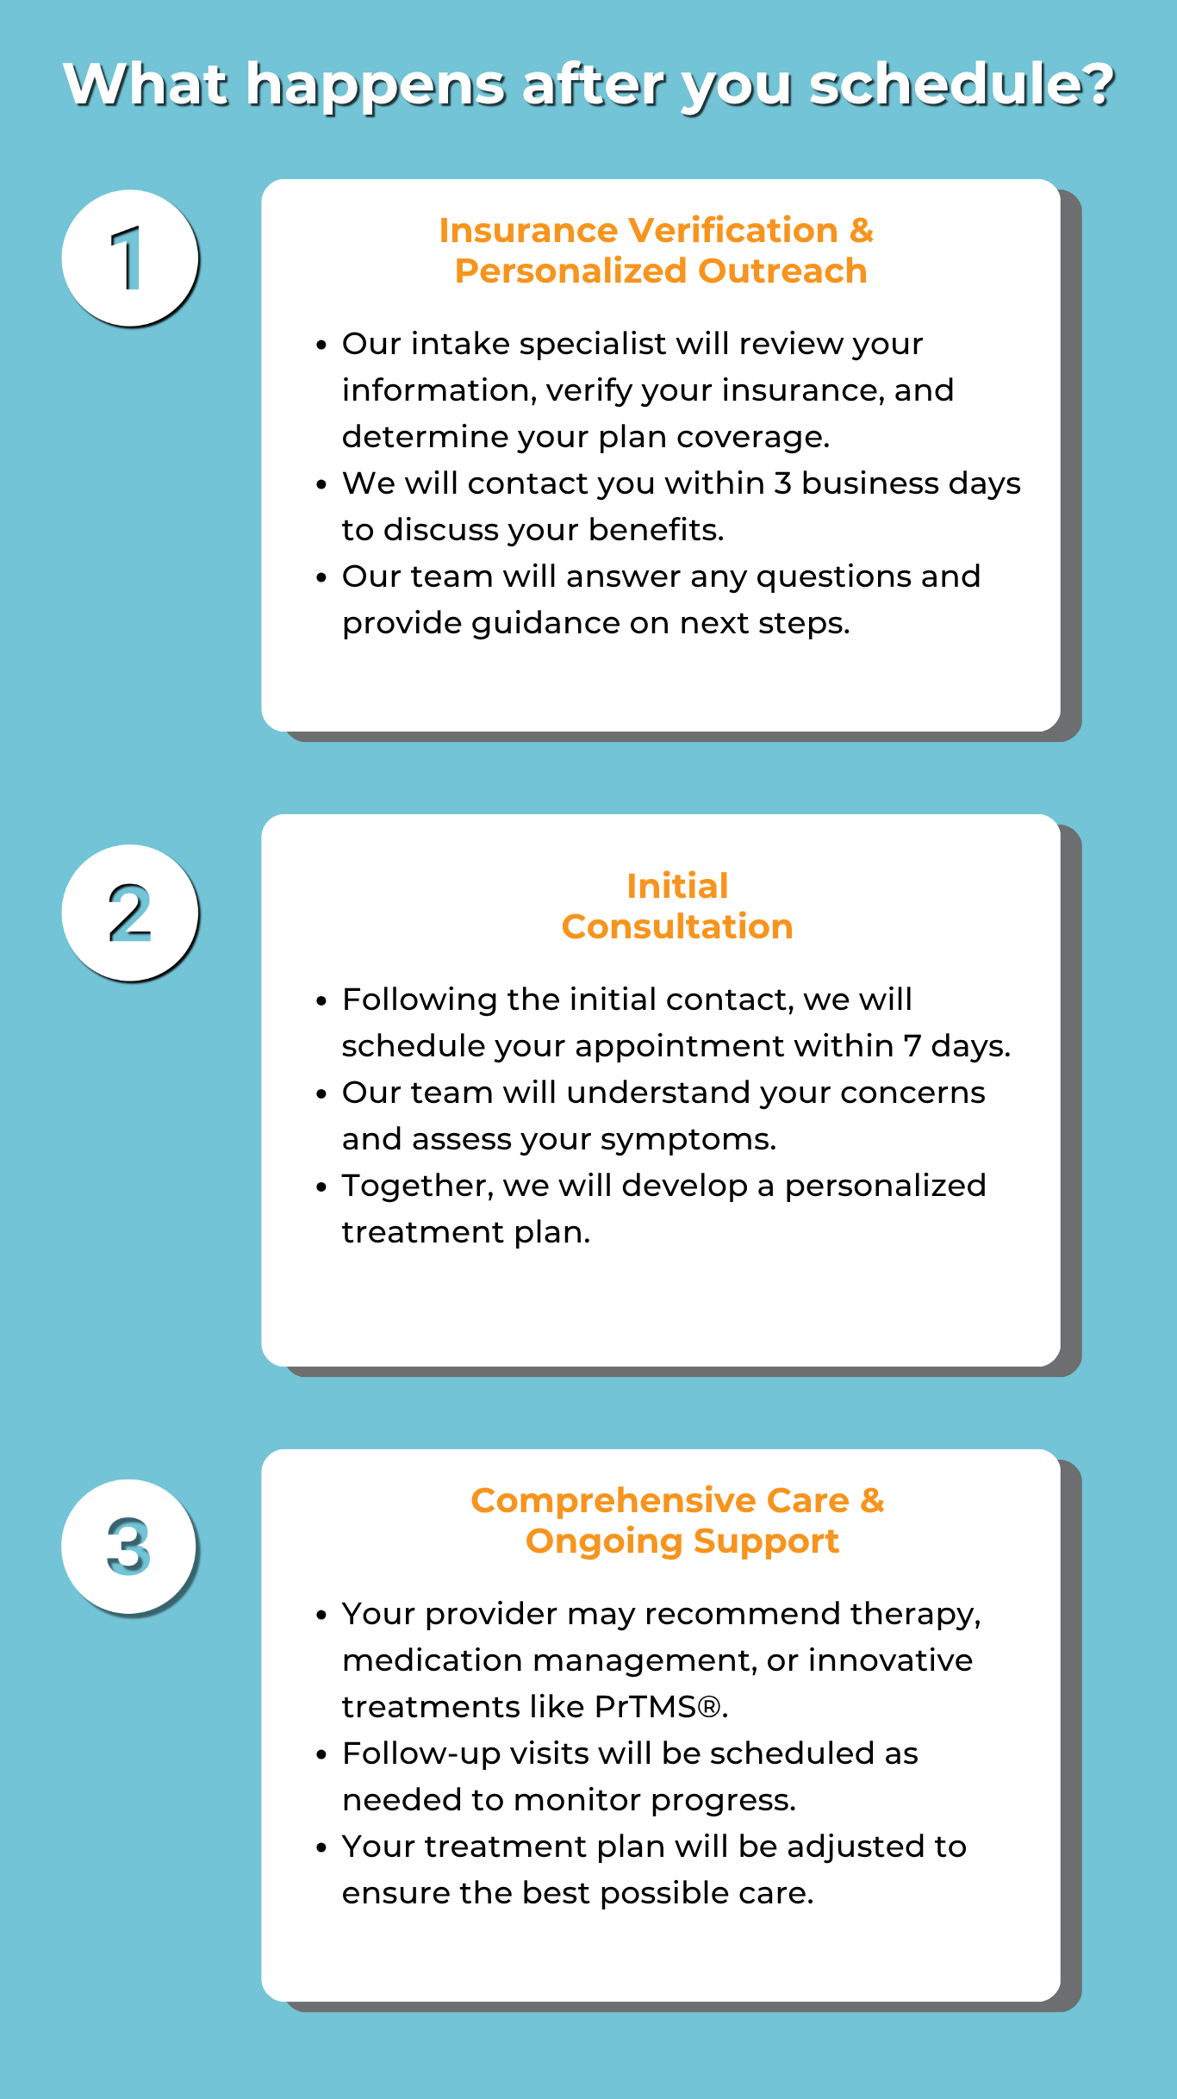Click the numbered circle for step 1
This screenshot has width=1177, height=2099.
[x=130, y=258]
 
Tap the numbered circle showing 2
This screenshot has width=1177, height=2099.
[x=130, y=912]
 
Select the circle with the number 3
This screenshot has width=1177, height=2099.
[x=129, y=1548]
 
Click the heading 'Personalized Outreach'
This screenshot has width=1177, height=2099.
[x=661, y=271]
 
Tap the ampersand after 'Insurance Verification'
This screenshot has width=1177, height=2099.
[x=861, y=230]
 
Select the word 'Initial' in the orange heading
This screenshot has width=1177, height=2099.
[x=677, y=886]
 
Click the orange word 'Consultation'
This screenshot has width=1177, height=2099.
[x=677, y=926]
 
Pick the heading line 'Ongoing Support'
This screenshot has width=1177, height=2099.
[x=682, y=1541]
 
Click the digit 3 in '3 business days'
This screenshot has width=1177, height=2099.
[x=782, y=483]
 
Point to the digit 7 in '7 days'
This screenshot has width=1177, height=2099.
[x=912, y=1046]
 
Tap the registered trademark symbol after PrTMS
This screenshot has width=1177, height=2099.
[x=709, y=1707]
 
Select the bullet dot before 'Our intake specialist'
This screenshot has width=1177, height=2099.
[x=321, y=346]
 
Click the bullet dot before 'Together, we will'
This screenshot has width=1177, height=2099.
[x=321, y=1187]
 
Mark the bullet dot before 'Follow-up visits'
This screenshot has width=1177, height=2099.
[x=321, y=1755]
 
